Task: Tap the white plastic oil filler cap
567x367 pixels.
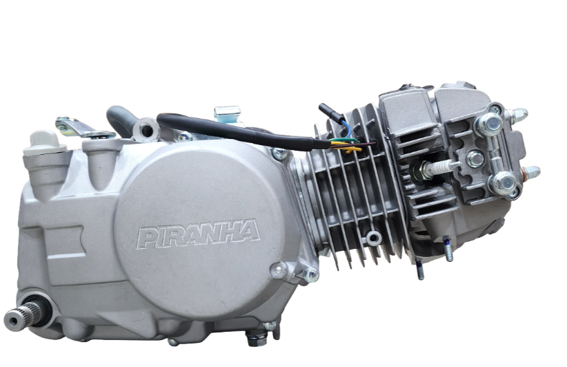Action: (x=43, y=143)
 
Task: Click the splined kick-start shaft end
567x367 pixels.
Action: (x=23, y=317)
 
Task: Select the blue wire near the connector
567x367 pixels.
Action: (x=346, y=129)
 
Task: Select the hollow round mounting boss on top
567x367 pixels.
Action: (x=146, y=130)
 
